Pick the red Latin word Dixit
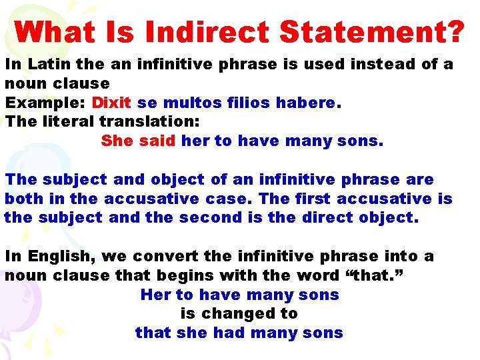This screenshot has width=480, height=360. click(x=111, y=103)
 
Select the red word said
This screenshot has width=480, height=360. click(x=157, y=141)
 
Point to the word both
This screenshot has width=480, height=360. click(x=24, y=199)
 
